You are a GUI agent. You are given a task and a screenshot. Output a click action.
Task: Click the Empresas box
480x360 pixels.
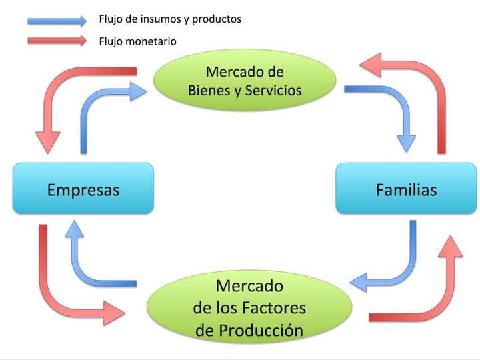pos(83,189)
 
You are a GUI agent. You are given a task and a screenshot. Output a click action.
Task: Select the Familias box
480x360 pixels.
pos(406,189)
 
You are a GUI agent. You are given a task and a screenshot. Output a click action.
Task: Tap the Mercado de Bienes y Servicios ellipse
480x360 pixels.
pos(245,80)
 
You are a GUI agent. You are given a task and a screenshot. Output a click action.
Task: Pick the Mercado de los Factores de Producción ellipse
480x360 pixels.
pos(249,308)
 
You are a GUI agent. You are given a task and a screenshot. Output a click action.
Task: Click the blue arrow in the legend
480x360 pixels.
pos(57,20)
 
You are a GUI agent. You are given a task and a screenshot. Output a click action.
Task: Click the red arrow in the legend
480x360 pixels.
pos(57,41)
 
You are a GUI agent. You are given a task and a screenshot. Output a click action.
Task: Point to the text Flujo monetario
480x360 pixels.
pos(137,41)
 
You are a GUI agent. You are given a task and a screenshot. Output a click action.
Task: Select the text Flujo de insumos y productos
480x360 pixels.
pos(169,19)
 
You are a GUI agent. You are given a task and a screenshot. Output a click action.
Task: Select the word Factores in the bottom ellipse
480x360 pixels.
pos(273,308)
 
